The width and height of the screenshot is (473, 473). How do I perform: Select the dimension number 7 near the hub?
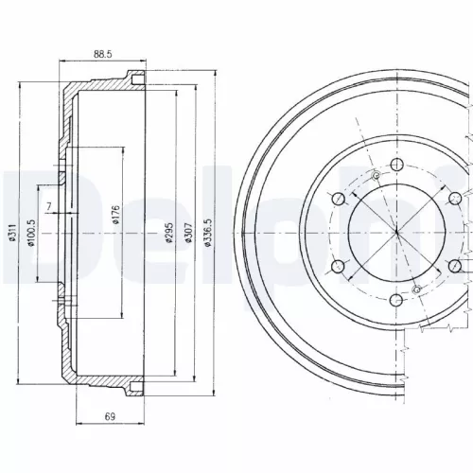[x=47, y=207]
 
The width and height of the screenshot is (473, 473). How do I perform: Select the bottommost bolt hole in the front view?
[x=395, y=301]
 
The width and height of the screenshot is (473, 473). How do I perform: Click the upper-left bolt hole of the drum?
[x=336, y=197]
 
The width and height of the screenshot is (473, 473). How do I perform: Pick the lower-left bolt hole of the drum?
[x=336, y=266]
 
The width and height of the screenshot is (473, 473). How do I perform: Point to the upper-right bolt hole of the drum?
[x=455, y=197]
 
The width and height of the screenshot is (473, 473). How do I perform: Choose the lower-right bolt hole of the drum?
[x=455, y=266]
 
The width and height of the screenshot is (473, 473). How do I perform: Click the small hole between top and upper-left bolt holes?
[x=376, y=176]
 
